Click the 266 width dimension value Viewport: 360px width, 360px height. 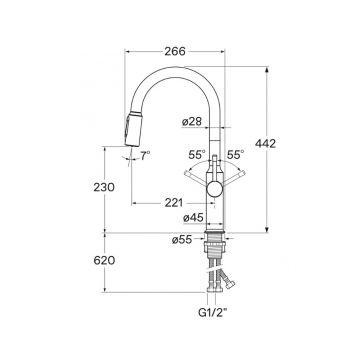(x=175, y=51)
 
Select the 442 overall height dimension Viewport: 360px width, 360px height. (x=265, y=144)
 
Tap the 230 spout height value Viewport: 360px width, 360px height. (x=104, y=187)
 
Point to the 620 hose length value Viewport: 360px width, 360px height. (x=104, y=260)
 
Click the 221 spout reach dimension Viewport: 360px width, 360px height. (x=174, y=203)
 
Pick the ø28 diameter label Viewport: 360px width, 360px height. (x=192, y=122)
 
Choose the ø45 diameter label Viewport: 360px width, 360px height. (x=193, y=218)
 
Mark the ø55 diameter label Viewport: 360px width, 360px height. (x=182, y=239)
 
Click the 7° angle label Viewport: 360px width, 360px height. (x=145, y=155)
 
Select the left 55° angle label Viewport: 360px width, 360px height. (x=197, y=155)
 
